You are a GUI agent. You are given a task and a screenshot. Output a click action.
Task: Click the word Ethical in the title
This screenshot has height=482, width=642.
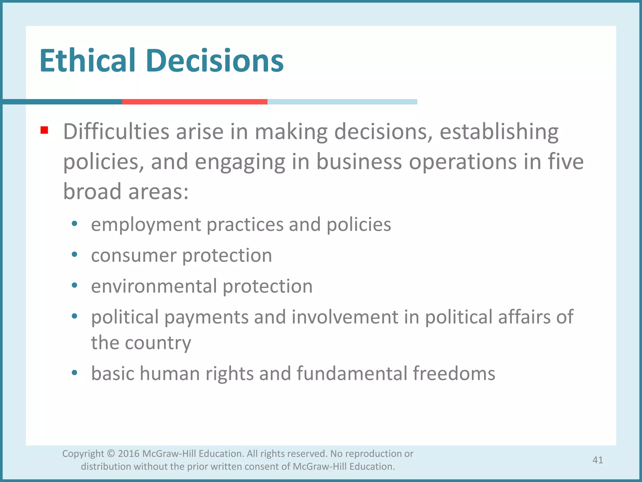pos(87,61)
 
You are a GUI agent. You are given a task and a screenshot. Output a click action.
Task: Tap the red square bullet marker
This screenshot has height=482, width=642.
pos(44,130)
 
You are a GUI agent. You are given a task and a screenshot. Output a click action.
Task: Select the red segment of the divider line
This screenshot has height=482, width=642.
pos(195,102)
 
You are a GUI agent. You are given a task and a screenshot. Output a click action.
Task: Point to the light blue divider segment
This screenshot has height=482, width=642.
pos(342,102)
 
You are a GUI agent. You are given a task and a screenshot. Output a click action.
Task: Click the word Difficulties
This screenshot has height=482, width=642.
pos(116,131)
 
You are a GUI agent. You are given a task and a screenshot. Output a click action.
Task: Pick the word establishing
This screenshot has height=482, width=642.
pos(499,131)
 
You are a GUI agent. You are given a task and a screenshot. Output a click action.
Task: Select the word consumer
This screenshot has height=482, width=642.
pos(134,255)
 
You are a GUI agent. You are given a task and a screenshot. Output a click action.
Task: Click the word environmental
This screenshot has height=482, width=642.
pos(154,286)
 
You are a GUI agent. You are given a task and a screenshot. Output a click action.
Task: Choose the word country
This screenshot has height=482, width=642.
pos(158,342)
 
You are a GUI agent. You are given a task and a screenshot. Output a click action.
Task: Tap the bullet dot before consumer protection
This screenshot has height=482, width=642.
pos(74,254)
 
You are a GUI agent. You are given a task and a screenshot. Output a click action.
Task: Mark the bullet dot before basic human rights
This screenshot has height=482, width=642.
pos(74,372)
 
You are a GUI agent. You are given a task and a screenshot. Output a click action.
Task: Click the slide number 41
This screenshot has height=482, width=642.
pos(597,460)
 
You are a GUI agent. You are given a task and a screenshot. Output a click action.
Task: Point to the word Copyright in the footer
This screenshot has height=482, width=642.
pos(83,454)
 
